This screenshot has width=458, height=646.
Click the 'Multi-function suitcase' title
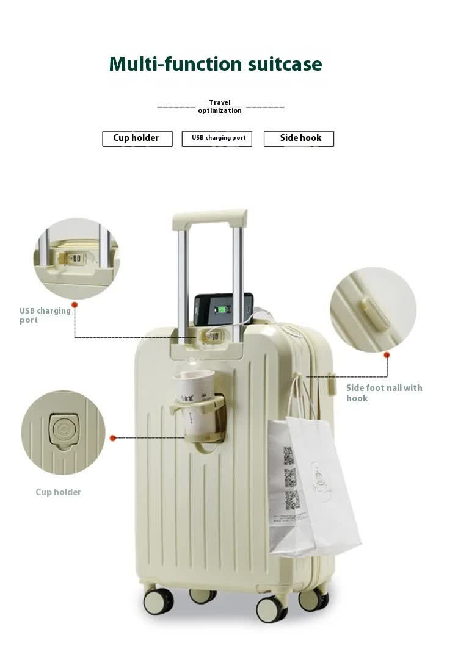[x=215, y=64]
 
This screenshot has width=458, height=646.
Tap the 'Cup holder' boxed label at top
[x=137, y=138]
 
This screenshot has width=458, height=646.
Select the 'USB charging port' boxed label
[x=217, y=138]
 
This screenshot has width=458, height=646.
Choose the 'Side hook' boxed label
[x=299, y=138]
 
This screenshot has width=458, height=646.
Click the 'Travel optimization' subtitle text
[x=220, y=107]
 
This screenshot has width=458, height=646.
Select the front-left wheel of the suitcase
[x=158, y=601]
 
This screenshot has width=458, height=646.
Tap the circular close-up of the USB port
[x=76, y=258]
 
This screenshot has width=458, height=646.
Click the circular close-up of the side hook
[x=373, y=309]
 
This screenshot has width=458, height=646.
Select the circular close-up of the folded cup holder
[x=63, y=432]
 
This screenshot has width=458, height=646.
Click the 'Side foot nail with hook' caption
[x=383, y=393]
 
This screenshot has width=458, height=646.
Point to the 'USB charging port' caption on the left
[x=45, y=315]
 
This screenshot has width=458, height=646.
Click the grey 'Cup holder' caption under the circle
[x=58, y=492]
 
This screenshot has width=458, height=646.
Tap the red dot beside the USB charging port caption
[x=75, y=304]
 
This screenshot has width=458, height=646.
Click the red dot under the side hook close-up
[x=387, y=354]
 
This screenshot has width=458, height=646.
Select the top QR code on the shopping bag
[x=289, y=455]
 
